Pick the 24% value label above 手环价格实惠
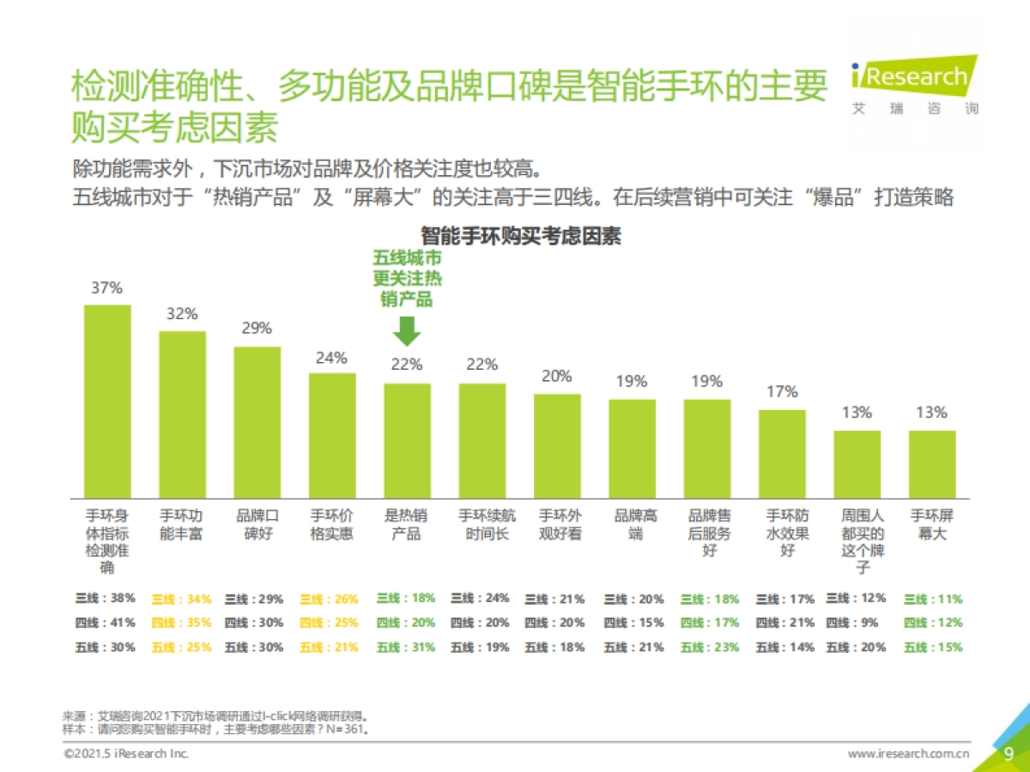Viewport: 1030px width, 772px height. pos(331,358)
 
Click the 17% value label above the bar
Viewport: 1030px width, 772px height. pos(782,392)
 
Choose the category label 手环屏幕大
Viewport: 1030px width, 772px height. pos(932,524)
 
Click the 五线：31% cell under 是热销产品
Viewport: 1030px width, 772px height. pos(406,648)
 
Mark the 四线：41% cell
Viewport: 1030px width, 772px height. pos(106,623)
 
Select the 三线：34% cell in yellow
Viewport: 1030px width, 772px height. pos(181,599)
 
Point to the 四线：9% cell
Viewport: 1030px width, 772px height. pos(856,623)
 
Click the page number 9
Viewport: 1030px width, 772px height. pos(1009,753)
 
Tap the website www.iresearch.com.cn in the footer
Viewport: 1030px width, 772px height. pos(909,754)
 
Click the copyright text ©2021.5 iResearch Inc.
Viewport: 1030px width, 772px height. pos(126,754)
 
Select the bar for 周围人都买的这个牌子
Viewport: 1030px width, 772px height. pos(857,464)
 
